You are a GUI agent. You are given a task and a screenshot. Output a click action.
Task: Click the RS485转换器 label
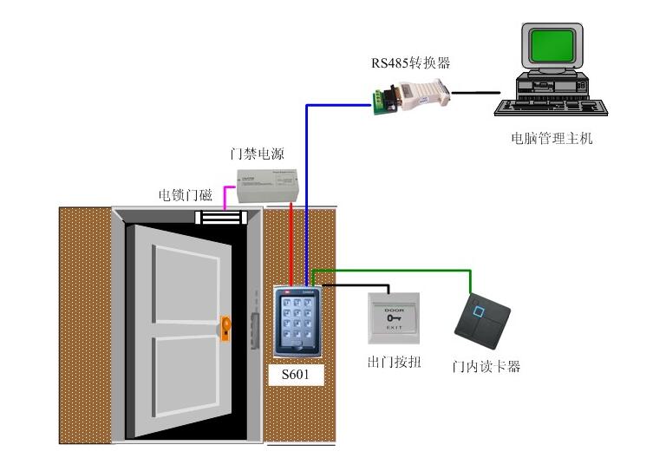point(411,62)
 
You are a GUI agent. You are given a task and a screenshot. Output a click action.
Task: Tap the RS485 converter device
point(408,95)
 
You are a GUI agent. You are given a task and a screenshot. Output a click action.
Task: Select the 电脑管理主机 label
point(552,138)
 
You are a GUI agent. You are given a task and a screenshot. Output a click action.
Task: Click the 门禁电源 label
point(258,154)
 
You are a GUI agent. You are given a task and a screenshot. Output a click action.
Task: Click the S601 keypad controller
point(297,321)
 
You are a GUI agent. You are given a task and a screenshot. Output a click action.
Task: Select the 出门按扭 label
point(394,362)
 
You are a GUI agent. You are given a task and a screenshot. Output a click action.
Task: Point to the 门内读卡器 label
point(486,366)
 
